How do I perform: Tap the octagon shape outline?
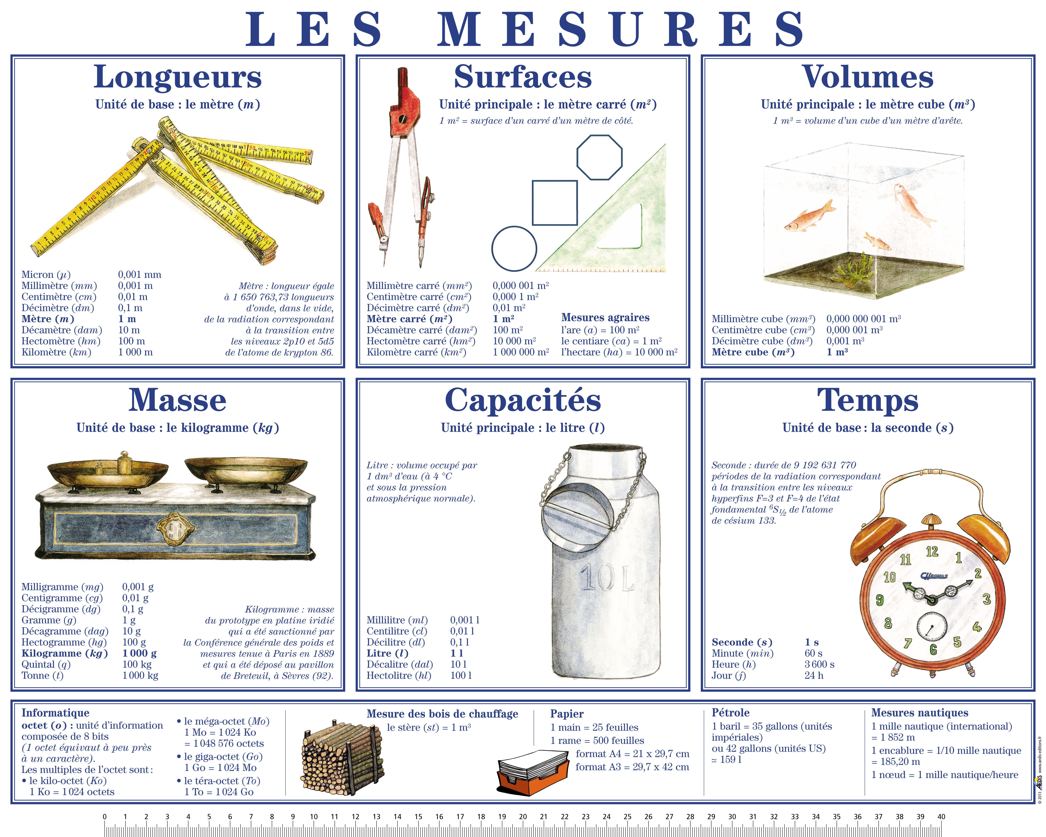click(599, 158)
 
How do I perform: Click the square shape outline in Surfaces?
click(555, 203)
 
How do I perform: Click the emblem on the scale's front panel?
click(174, 530)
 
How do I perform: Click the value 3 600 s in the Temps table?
click(819, 664)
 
